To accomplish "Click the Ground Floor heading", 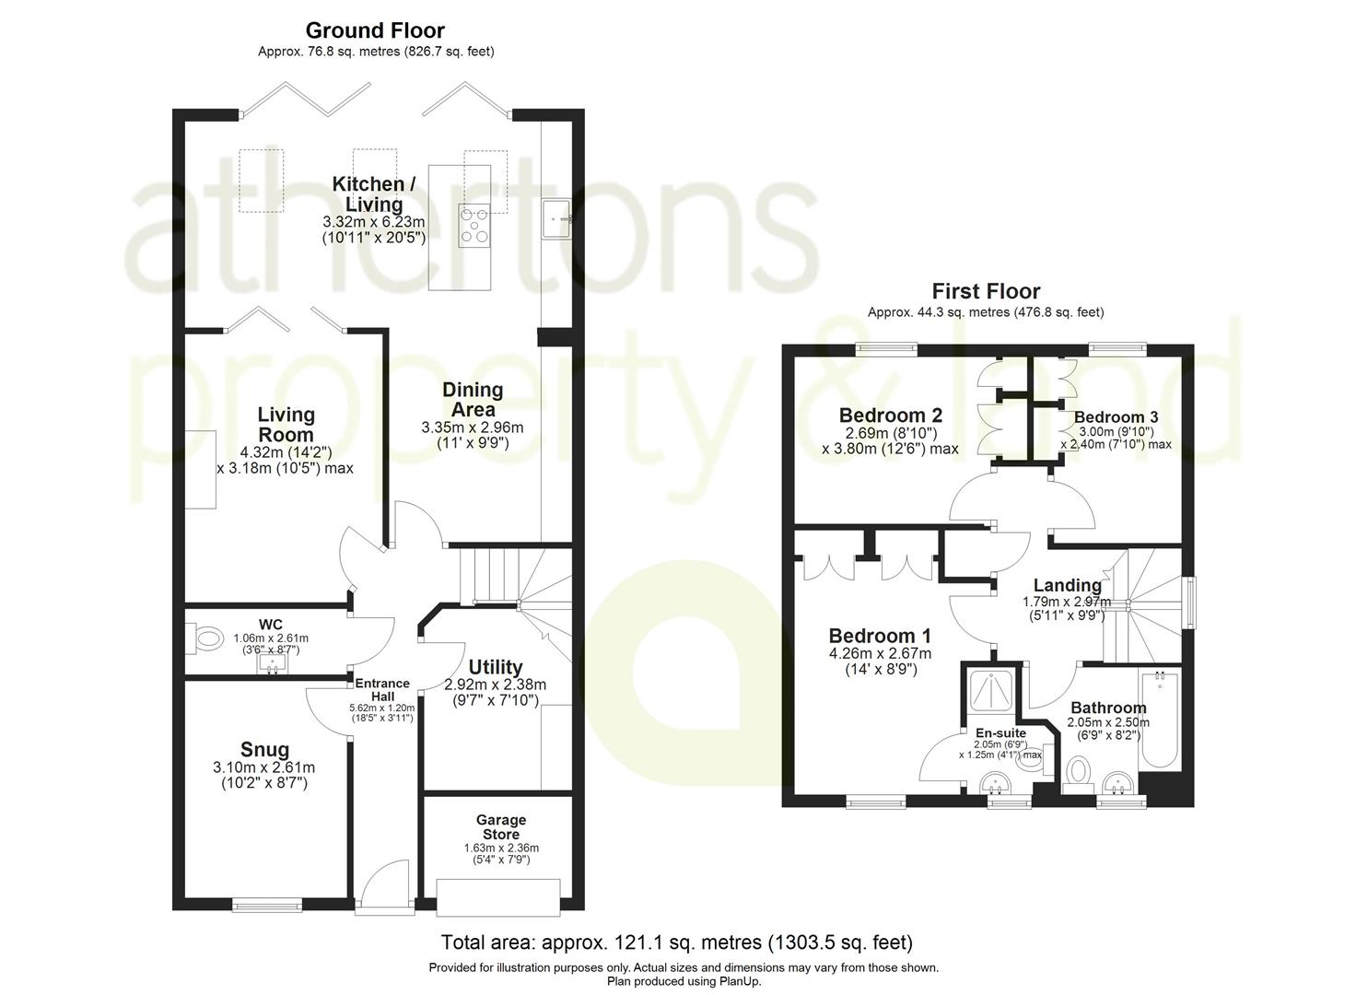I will click(x=375, y=30).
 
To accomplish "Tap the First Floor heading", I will click(x=986, y=292).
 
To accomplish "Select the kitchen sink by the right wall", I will click(x=558, y=219).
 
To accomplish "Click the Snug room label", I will click(x=264, y=750).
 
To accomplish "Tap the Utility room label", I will click(x=496, y=667).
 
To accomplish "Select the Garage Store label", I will click(x=501, y=826).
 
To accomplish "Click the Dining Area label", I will click(x=473, y=399).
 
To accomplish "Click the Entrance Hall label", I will click(x=382, y=689).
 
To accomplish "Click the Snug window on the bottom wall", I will click(x=267, y=905).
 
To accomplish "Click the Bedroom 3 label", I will click(x=1116, y=417).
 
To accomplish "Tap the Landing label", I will click(x=1067, y=585).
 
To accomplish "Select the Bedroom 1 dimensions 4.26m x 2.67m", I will click(x=880, y=654).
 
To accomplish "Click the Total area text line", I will click(x=677, y=942).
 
